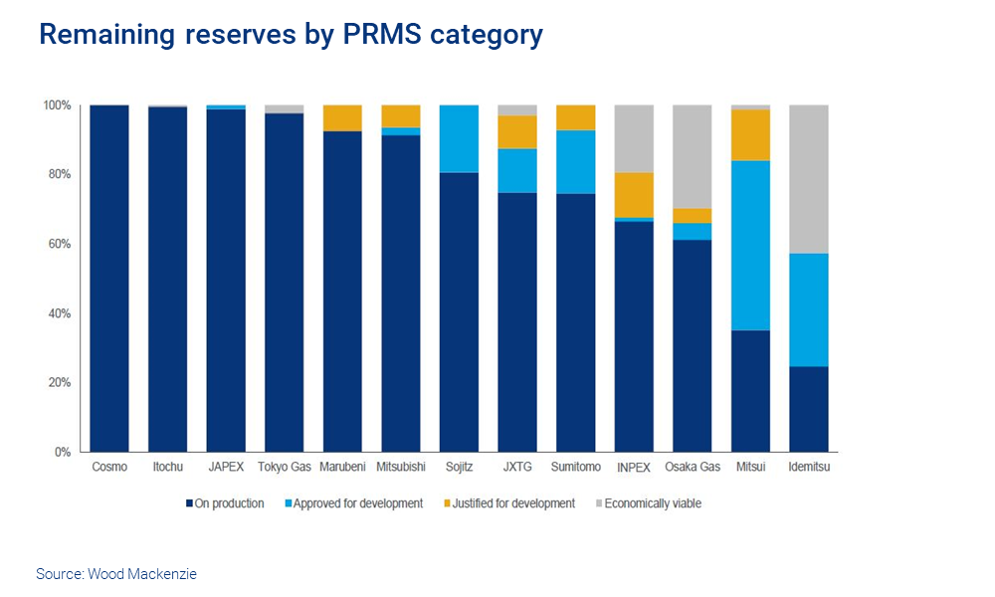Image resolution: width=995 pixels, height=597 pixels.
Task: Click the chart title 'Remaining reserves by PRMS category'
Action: coord(291,35)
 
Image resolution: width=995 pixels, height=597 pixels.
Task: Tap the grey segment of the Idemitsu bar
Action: coord(809,179)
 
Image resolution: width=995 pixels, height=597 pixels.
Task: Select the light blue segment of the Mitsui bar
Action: coord(750,245)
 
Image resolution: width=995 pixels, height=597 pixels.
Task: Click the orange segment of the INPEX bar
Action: coord(634,195)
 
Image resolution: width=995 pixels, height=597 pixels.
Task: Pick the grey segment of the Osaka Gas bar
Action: coord(693,156)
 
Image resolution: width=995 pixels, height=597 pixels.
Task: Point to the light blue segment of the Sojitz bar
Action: coord(459,138)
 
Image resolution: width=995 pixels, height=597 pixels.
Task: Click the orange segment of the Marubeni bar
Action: coord(342,117)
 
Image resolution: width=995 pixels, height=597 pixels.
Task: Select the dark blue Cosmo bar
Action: coord(109,278)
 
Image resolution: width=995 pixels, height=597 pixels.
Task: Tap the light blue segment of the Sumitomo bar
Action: coord(575,162)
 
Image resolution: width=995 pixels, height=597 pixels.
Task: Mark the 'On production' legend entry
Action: coord(225,503)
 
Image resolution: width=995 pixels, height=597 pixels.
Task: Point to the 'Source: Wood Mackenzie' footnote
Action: coord(116,574)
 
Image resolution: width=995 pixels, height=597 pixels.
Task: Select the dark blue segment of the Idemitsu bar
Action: coord(809,409)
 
